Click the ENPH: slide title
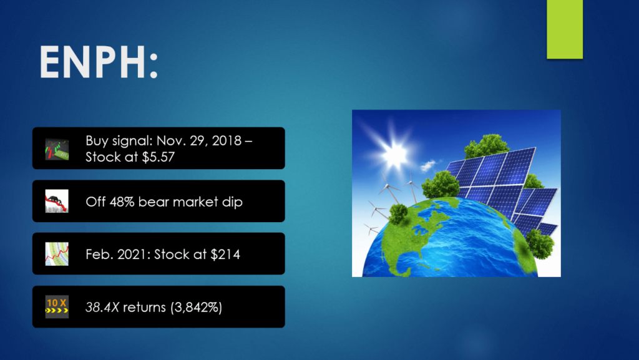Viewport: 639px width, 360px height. [x=98, y=62]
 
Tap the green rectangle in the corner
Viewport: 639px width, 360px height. [x=564, y=29]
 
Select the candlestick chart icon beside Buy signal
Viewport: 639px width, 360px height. [x=57, y=148]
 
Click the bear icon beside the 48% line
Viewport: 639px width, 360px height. [x=57, y=201]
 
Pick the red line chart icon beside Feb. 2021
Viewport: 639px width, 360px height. [x=57, y=254]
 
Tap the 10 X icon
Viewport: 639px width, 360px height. [x=57, y=306]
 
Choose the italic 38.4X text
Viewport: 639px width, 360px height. [x=102, y=307]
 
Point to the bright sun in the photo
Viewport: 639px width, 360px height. [x=393, y=154]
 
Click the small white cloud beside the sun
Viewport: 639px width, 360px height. [x=428, y=165]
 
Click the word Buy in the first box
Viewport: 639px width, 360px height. [x=97, y=141]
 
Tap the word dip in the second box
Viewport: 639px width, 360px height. [x=232, y=202]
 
